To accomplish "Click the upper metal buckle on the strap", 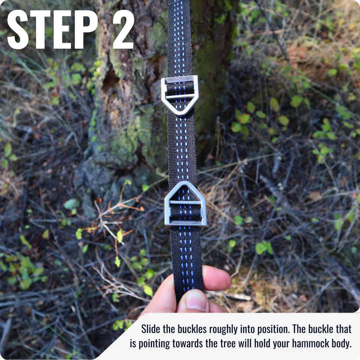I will pyautogui.click(x=180, y=95).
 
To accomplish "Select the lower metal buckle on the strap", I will pyautogui.click(x=185, y=204).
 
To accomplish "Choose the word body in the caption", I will pyautogui.click(x=340, y=344).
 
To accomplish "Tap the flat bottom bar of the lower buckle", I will pyautogui.click(x=186, y=222).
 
